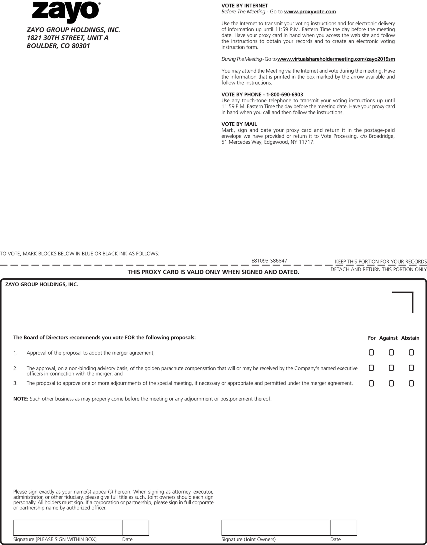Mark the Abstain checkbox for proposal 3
[x=411, y=383]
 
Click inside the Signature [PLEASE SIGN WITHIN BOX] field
[x=68, y=527]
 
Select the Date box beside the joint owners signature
[x=343, y=527]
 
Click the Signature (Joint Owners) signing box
[x=276, y=527]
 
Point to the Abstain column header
[x=410, y=338]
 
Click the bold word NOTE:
[x=21, y=399]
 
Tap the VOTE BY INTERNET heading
[x=244, y=6]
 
